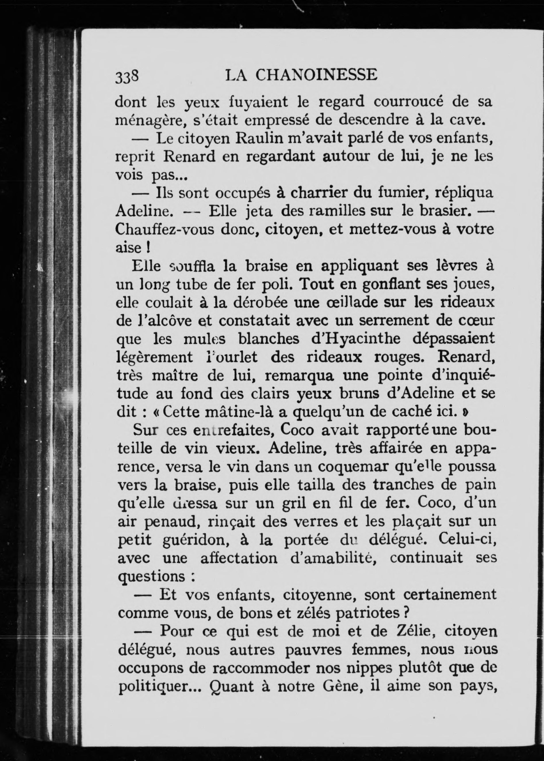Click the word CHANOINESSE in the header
[317, 75]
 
